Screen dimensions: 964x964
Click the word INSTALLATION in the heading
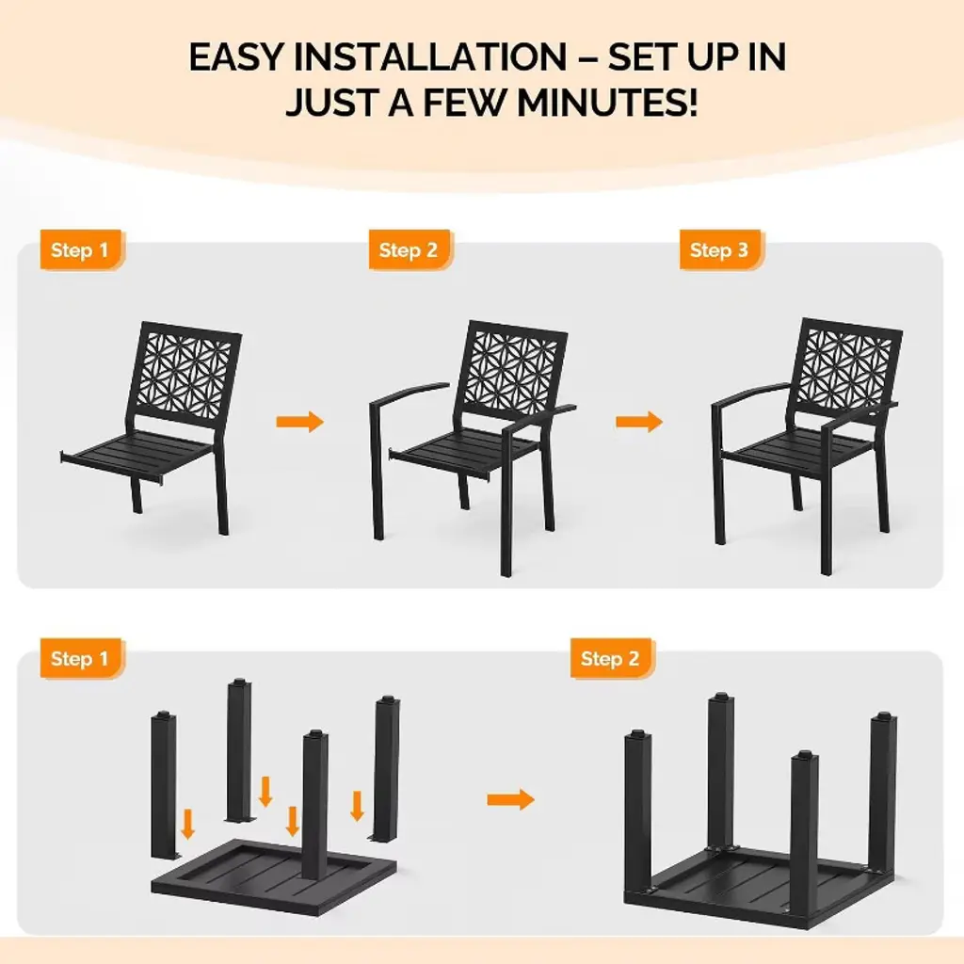429,57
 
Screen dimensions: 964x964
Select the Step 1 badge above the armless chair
81,249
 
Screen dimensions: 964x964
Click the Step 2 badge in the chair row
410,249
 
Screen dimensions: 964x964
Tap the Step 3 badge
720,249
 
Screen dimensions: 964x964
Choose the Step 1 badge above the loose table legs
81,658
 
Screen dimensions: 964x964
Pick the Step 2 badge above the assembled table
611,658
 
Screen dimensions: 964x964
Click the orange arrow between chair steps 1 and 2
299,422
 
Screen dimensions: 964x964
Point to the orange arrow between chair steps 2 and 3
639,422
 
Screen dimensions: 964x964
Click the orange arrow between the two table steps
510,800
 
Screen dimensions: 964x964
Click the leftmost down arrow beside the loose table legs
188,824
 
